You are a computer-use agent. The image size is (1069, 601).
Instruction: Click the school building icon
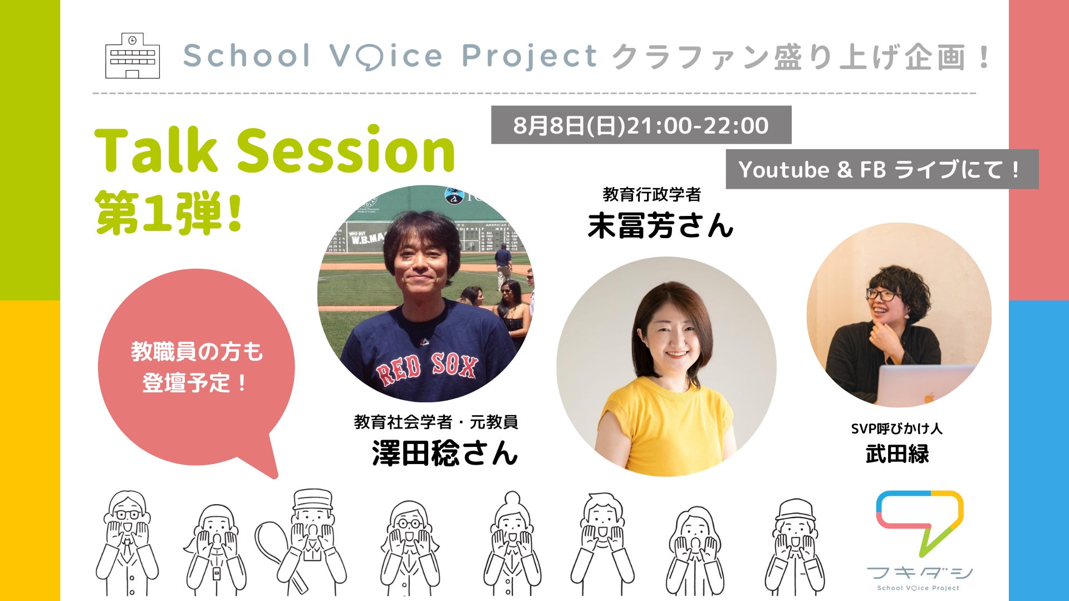133,56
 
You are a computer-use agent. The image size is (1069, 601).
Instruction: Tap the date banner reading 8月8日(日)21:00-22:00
641,125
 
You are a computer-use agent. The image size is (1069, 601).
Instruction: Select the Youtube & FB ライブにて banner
882,169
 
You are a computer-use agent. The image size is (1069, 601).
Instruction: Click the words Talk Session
275,149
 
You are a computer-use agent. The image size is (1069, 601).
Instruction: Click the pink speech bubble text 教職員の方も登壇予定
197,367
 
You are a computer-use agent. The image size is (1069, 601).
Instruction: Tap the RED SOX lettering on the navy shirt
428,368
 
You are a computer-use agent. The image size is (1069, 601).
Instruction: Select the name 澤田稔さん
445,452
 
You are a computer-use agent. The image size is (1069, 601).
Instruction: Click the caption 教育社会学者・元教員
436,422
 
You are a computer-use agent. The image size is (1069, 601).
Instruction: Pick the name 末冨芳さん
660,225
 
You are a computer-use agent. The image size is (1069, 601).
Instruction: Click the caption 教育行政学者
651,194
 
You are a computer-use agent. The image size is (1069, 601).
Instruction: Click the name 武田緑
897,454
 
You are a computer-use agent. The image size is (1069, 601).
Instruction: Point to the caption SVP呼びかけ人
896,428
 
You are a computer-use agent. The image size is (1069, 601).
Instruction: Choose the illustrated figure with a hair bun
512,543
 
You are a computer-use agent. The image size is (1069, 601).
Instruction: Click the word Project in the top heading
529,57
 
